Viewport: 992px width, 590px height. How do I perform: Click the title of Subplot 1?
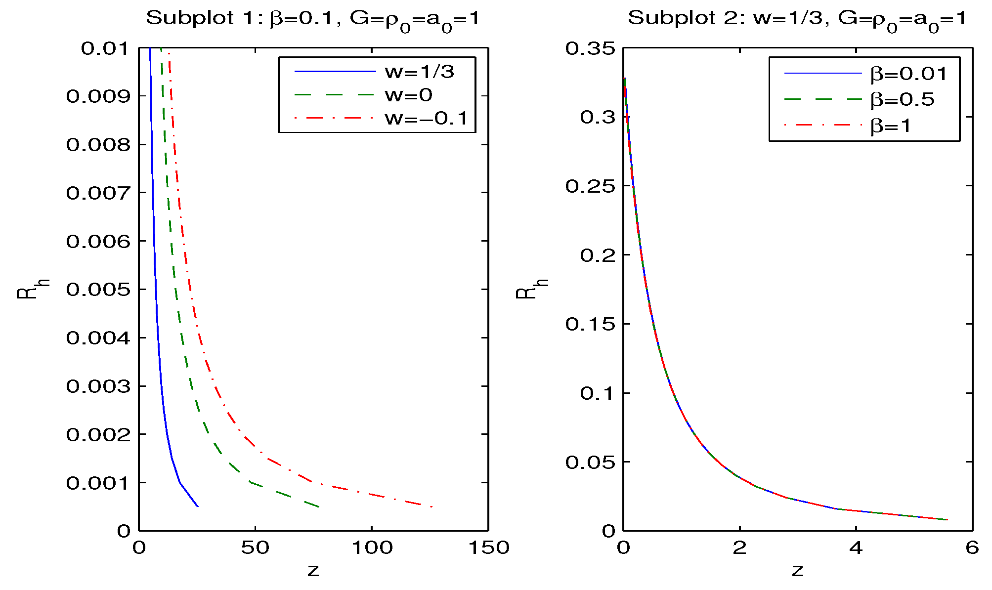click(x=312, y=19)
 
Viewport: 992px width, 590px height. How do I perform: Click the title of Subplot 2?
click(x=797, y=19)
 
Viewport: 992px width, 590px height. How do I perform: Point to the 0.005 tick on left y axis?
click(x=98, y=290)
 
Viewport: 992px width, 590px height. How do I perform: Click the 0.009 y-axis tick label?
click(x=98, y=96)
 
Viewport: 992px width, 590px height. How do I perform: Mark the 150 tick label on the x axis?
click(x=488, y=548)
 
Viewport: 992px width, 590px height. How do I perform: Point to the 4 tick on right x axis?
click(x=856, y=548)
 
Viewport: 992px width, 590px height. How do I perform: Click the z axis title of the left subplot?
click(x=313, y=571)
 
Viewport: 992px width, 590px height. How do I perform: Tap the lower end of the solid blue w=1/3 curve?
click(x=198, y=506)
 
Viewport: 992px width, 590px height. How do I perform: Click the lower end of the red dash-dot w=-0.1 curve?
click(x=432, y=506)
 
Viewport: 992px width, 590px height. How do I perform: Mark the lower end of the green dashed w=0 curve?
click(x=319, y=506)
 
